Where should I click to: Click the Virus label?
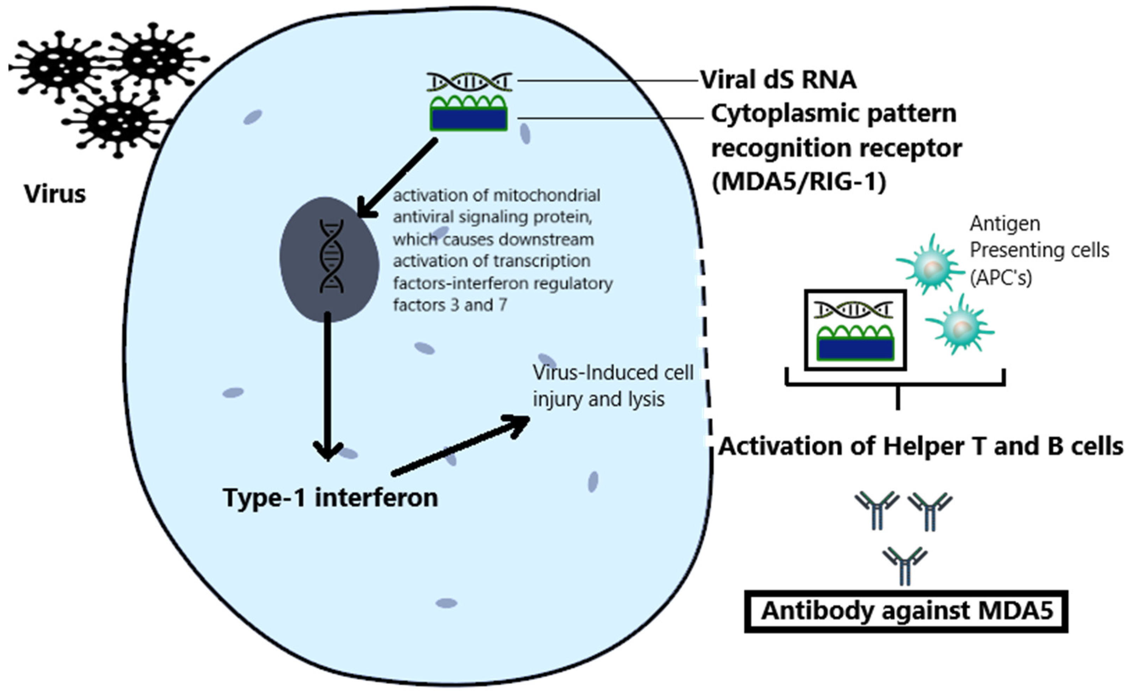tap(55, 194)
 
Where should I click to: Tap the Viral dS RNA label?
tap(778, 80)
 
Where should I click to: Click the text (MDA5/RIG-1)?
tap(799, 182)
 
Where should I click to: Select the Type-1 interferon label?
tap(330, 498)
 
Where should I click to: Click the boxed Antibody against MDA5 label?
tap(907, 611)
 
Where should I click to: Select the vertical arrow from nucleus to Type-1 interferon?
tap(327, 385)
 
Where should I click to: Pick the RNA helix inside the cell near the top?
tap(469, 82)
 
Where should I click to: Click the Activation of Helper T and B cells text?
tap(920, 446)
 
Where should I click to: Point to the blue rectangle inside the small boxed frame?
tap(855, 349)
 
